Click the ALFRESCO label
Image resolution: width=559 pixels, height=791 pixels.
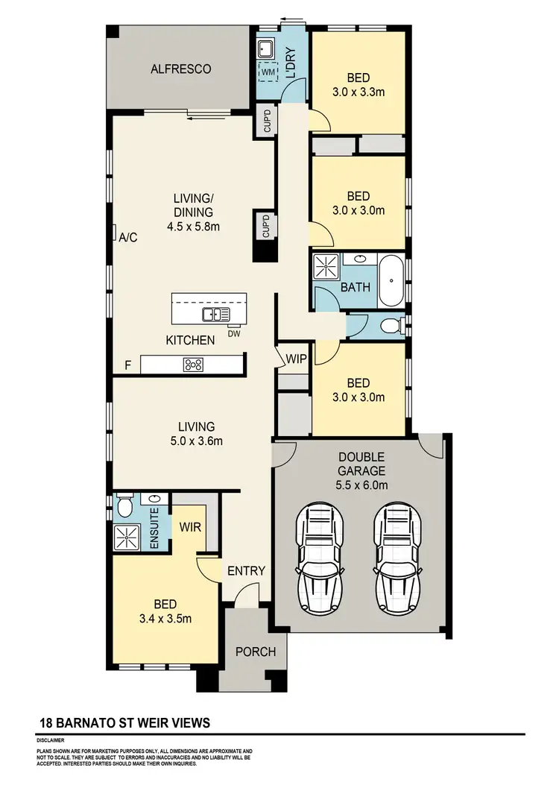[180, 69]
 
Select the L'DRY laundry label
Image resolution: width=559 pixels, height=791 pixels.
[291, 63]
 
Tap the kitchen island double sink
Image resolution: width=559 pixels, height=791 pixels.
[215, 315]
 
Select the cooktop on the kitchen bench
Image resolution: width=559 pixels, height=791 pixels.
[193, 365]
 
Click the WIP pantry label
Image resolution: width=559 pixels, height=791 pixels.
[295, 359]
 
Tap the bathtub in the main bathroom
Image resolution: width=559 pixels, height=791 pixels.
[391, 282]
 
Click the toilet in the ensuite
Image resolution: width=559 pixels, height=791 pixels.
[124, 508]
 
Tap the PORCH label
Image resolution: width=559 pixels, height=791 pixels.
[256, 652]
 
